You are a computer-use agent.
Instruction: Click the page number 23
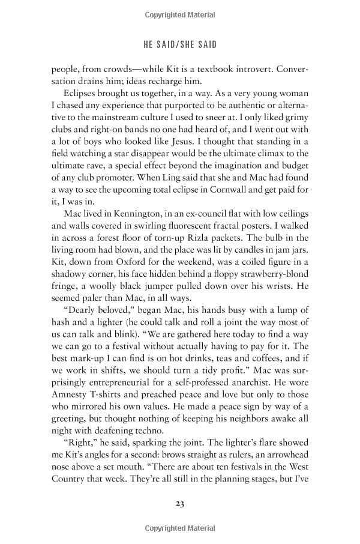[x=179, y=501]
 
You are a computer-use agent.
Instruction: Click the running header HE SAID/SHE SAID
[x=179, y=44]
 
